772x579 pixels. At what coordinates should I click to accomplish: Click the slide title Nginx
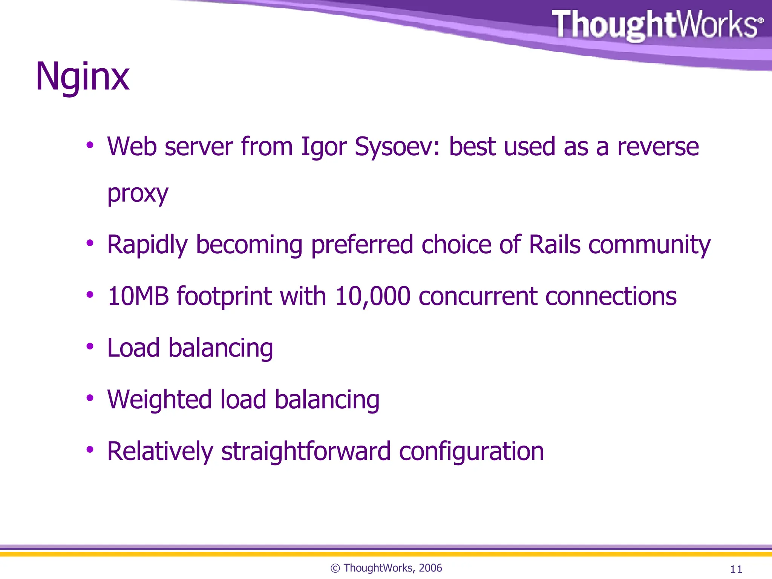[x=82, y=77]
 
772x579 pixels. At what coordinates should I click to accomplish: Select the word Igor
[x=323, y=147]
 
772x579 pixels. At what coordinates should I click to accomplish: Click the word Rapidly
[x=147, y=245]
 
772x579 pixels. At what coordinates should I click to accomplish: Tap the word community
[x=649, y=245]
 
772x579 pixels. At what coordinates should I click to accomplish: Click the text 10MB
[x=138, y=296]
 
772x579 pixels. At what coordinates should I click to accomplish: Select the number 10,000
[x=372, y=296]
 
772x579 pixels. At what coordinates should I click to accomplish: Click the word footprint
[x=224, y=297]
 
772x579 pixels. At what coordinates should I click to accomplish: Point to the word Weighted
[x=159, y=400]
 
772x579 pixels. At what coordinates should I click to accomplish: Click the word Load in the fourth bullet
[x=133, y=348]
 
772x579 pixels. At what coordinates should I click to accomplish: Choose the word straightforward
[x=306, y=452]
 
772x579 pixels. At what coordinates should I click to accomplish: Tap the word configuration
[x=471, y=452]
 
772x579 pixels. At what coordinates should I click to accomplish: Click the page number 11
[x=736, y=569]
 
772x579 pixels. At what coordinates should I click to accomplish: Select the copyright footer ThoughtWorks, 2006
[x=386, y=568]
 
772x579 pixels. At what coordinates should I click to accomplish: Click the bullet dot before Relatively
[x=90, y=449]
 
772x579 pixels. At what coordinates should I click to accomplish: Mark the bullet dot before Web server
[x=90, y=145]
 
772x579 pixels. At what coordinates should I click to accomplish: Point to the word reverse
[x=658, y=147]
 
